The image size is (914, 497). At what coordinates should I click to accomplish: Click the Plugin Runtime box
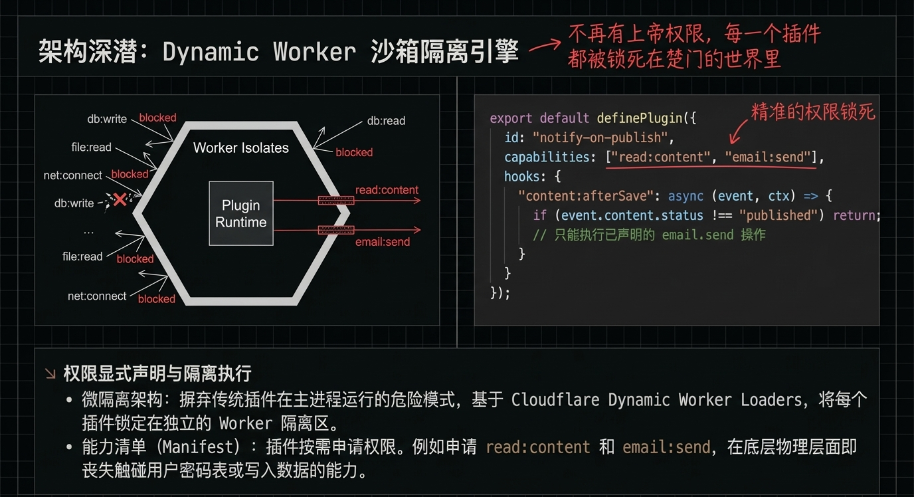240,213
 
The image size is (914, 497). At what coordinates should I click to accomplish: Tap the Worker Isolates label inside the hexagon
240,148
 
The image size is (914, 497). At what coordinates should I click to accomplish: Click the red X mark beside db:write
120,199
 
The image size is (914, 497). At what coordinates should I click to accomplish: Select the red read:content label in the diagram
387,190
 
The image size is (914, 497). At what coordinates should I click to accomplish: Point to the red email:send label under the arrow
382,242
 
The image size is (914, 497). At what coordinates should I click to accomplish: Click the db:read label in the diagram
386,121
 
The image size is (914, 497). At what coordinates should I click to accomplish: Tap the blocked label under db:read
354,152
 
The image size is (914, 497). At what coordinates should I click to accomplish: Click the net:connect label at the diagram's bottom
97,296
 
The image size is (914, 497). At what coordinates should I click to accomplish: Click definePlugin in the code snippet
639,118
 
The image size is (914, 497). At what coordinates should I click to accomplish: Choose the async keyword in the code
685,196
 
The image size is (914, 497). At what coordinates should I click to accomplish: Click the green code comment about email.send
649,235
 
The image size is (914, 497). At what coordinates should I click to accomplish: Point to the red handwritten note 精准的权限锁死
812,112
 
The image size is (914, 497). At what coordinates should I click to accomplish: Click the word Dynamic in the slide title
211,52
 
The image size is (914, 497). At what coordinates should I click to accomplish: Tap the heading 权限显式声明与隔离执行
157,373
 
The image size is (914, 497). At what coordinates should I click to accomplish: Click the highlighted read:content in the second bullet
537,447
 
